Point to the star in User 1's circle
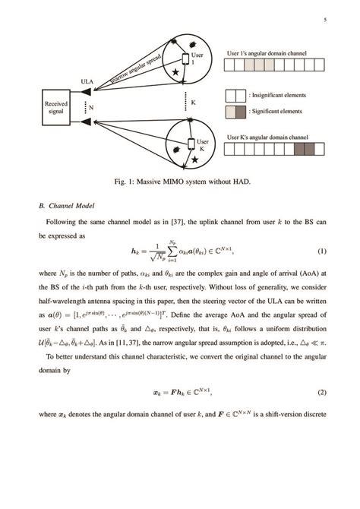coord(176,71)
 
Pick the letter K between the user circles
coord(193,103)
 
